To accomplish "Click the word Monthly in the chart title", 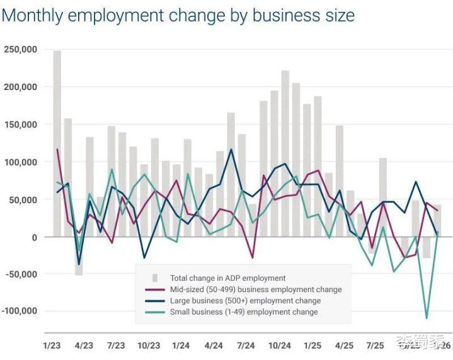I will (32, 15).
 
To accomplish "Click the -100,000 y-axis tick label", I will (19, 311).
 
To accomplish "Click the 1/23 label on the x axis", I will (52, 346).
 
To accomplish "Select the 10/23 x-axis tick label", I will (149, 346).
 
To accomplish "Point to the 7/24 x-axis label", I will (246, 346).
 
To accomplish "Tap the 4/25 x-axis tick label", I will (343, 346).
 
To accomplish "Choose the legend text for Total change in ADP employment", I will (227, 278).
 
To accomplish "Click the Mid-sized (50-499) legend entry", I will (256, 290).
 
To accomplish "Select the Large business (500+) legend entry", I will (245, 301).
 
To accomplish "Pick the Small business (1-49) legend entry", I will (244, 312).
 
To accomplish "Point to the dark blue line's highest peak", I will (231, 149).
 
